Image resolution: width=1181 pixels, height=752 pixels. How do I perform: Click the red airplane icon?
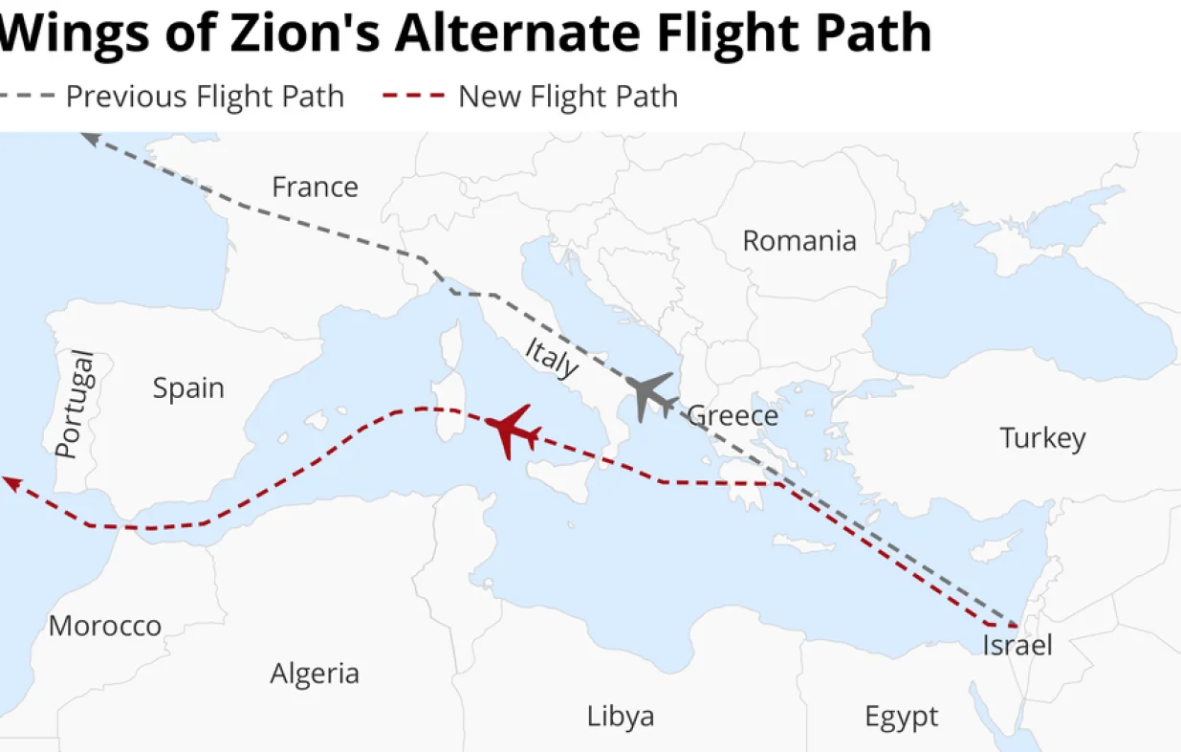tap(512, 431)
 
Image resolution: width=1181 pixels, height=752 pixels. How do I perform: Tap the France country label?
tap(315, 187)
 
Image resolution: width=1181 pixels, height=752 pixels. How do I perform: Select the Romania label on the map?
tap(799, 240)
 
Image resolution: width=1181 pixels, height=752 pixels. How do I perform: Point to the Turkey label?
tap(1042, 438)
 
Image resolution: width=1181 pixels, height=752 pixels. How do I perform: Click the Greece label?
tap(733, 416)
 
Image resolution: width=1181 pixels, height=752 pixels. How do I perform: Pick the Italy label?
tap(552, 358)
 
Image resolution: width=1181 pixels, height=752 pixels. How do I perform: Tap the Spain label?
tap(188, 388)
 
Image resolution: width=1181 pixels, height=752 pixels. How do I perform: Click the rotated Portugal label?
tap(76, 405)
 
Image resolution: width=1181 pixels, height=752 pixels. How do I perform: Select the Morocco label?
tap(105, 627)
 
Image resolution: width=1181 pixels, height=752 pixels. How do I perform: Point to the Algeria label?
tap(315, 674)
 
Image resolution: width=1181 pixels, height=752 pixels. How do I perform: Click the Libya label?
tap(621, 717)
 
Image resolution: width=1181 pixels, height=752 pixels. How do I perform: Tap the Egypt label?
tap(901, 717)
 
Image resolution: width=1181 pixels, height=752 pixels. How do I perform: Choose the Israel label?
tap(1017, 646)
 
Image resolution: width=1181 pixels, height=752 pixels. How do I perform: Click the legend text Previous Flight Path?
tap(205, 97)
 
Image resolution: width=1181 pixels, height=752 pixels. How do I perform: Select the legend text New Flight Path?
tap(568, 97)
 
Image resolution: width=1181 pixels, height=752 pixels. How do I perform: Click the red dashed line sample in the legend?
tap(413, 96)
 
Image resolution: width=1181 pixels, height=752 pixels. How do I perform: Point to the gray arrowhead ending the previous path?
tap(89, 139)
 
